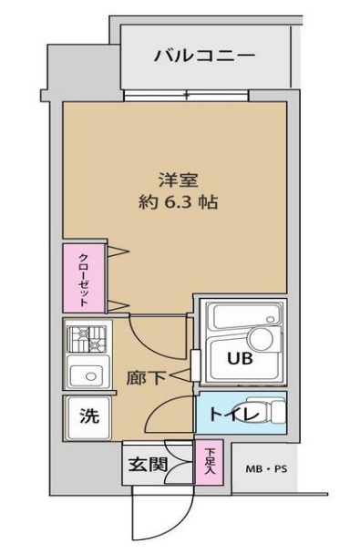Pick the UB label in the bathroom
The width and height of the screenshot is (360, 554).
point(240,358)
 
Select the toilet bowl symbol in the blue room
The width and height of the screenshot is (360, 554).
point(270,414)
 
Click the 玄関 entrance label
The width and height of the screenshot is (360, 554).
point(146,465)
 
